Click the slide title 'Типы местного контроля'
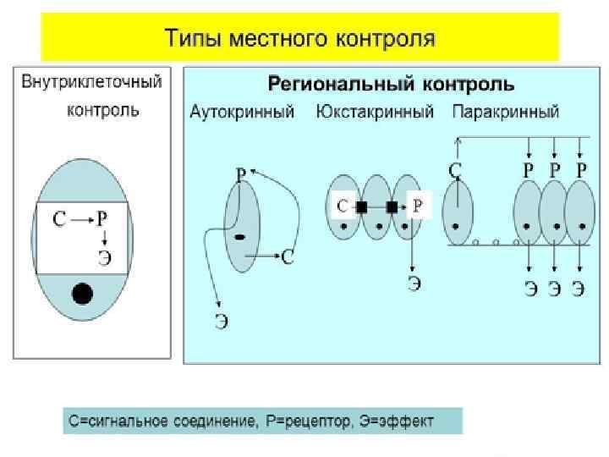pos(299,39)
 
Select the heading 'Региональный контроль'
pos(391,85)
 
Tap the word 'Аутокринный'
pos(242,112)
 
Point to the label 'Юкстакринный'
pos(375,112)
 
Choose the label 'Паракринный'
pos(506,112)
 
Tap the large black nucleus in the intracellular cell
pos(82,293)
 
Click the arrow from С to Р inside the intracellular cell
pos(81,220)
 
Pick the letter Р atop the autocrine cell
pos(241,175)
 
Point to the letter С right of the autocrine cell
pos(288,256)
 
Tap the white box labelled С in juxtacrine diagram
pos(342,206)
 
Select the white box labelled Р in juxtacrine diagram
pos(420,206)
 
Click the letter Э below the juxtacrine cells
pos(414,284)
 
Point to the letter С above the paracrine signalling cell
pos(455,170)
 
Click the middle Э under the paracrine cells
pos(554,289)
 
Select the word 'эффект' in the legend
pos(409,421)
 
